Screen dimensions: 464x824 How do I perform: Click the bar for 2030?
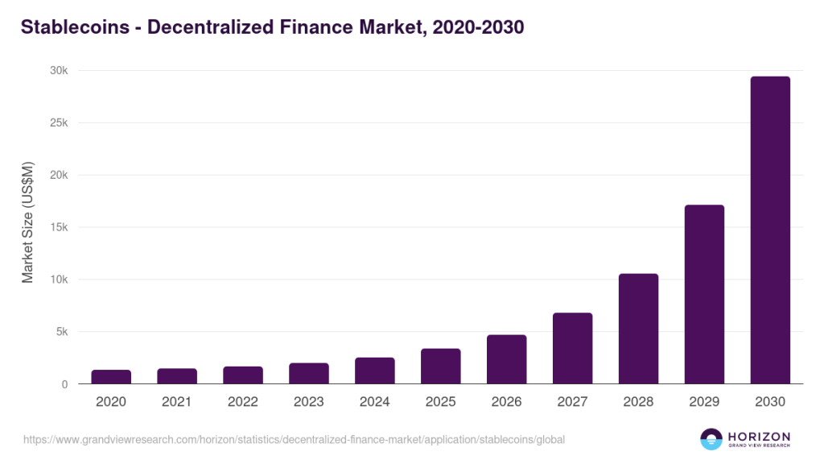[x=770, y=230]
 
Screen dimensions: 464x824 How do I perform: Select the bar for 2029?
[x=704, y=295]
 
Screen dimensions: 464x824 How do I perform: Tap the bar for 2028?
[x=638, y=329]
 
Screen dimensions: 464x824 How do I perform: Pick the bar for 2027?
[x=572, y=348]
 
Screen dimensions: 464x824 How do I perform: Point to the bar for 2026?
[x=506, y=359]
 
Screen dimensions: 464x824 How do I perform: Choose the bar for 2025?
[x=440, y=367]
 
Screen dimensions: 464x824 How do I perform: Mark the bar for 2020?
[x=111, y=377]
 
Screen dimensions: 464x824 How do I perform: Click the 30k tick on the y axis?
[x=59, y=71]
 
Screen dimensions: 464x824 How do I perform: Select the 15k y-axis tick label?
[x=59, y=227]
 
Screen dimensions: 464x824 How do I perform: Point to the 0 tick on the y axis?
[x=65, y=384]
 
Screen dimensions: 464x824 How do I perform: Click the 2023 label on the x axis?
[x=308, y=402]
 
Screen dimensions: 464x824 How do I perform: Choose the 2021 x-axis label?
[x=177, y=402]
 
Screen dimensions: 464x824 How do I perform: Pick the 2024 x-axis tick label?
[x=374, y=402]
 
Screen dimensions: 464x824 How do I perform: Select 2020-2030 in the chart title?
[x=478, y=27]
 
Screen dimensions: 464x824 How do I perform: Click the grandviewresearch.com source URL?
[x=294, y=440]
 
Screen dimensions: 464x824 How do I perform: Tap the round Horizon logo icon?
[x=711, y=439]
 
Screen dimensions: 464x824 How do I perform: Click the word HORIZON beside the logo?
[x=759, y=435]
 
